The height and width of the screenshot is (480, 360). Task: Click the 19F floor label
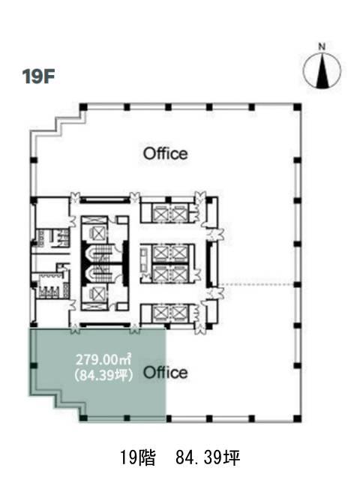pos(38,76)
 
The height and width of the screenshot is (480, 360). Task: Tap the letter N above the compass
pos(322,46)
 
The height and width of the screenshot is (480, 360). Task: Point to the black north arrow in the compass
pos(322,70)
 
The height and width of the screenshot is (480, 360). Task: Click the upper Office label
pos(165,153)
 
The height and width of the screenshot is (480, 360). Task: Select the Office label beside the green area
pos(165,373)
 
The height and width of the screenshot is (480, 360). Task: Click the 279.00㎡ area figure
pos(103,359)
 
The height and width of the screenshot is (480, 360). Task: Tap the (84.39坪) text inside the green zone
pos(103,375)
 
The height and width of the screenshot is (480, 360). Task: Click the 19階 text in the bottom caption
pos(137,458)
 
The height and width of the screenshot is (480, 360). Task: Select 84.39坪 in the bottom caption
pos(208,458)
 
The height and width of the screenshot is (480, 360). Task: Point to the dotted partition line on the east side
pos(256,285)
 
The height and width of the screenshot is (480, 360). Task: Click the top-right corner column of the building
pos(297,107)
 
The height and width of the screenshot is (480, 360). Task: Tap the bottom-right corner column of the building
pos(297,418)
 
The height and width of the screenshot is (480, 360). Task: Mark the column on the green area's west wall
pos(34,365)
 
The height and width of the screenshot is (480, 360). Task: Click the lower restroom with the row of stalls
pos(51,286)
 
